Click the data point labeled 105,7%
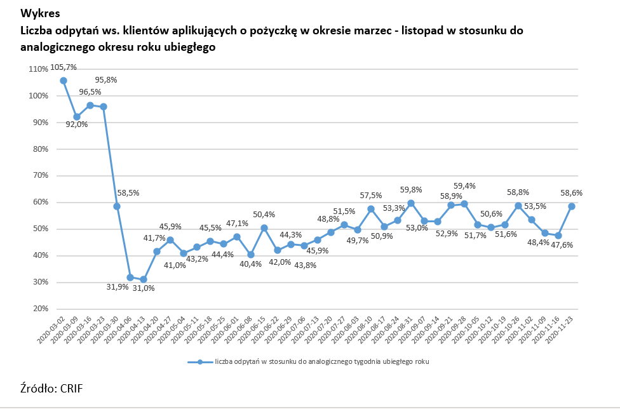(x=64, y=81)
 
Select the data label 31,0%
(x=144, y=288)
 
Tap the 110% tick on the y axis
(x=39, y=69)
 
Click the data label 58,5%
(x=128, y=192)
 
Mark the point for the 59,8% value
(x=411, y=203)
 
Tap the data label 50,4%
(x=264, y=214)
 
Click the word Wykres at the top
(x=41, y=13)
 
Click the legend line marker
(x=200, y=362)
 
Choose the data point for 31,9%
(x=130, y=278)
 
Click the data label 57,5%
(x=371, y=196)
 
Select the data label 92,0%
(x=77, y=124)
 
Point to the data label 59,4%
(x=464, y=186)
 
